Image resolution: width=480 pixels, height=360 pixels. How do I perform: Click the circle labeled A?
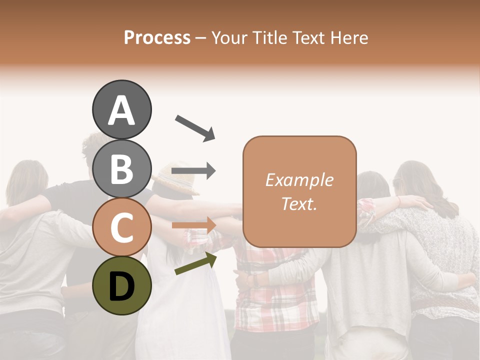pos(121,110)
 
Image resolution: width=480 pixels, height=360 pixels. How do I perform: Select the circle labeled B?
pos(121,168)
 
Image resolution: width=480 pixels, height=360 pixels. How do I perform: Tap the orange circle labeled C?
pos(121,227)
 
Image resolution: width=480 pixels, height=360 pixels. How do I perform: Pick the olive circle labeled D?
pos(121,285)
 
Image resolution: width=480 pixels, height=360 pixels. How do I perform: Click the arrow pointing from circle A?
pos(195,127)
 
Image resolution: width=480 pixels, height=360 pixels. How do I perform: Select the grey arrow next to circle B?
pos(193,171)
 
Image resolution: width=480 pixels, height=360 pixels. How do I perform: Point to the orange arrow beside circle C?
pos(193,225)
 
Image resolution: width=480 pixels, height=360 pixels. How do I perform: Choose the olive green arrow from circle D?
pos(195,263)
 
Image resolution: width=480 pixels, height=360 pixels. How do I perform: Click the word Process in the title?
pos(157,38)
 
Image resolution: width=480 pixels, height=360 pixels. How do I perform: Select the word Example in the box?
pos(299,180)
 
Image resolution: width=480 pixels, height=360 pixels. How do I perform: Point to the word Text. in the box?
pos(299,203)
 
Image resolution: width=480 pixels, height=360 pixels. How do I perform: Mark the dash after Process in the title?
pos(201,38)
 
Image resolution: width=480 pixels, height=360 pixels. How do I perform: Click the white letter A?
pos(121,110)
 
